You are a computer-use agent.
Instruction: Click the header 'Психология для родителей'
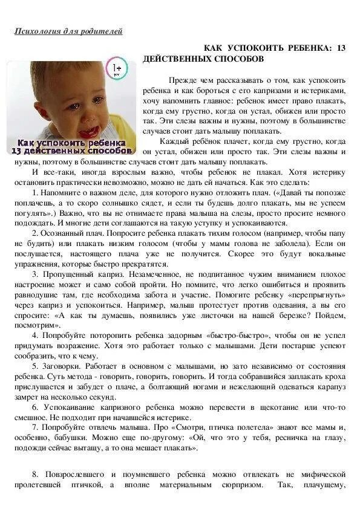coord(68,31)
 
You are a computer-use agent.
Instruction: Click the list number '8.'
coord(36,475)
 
